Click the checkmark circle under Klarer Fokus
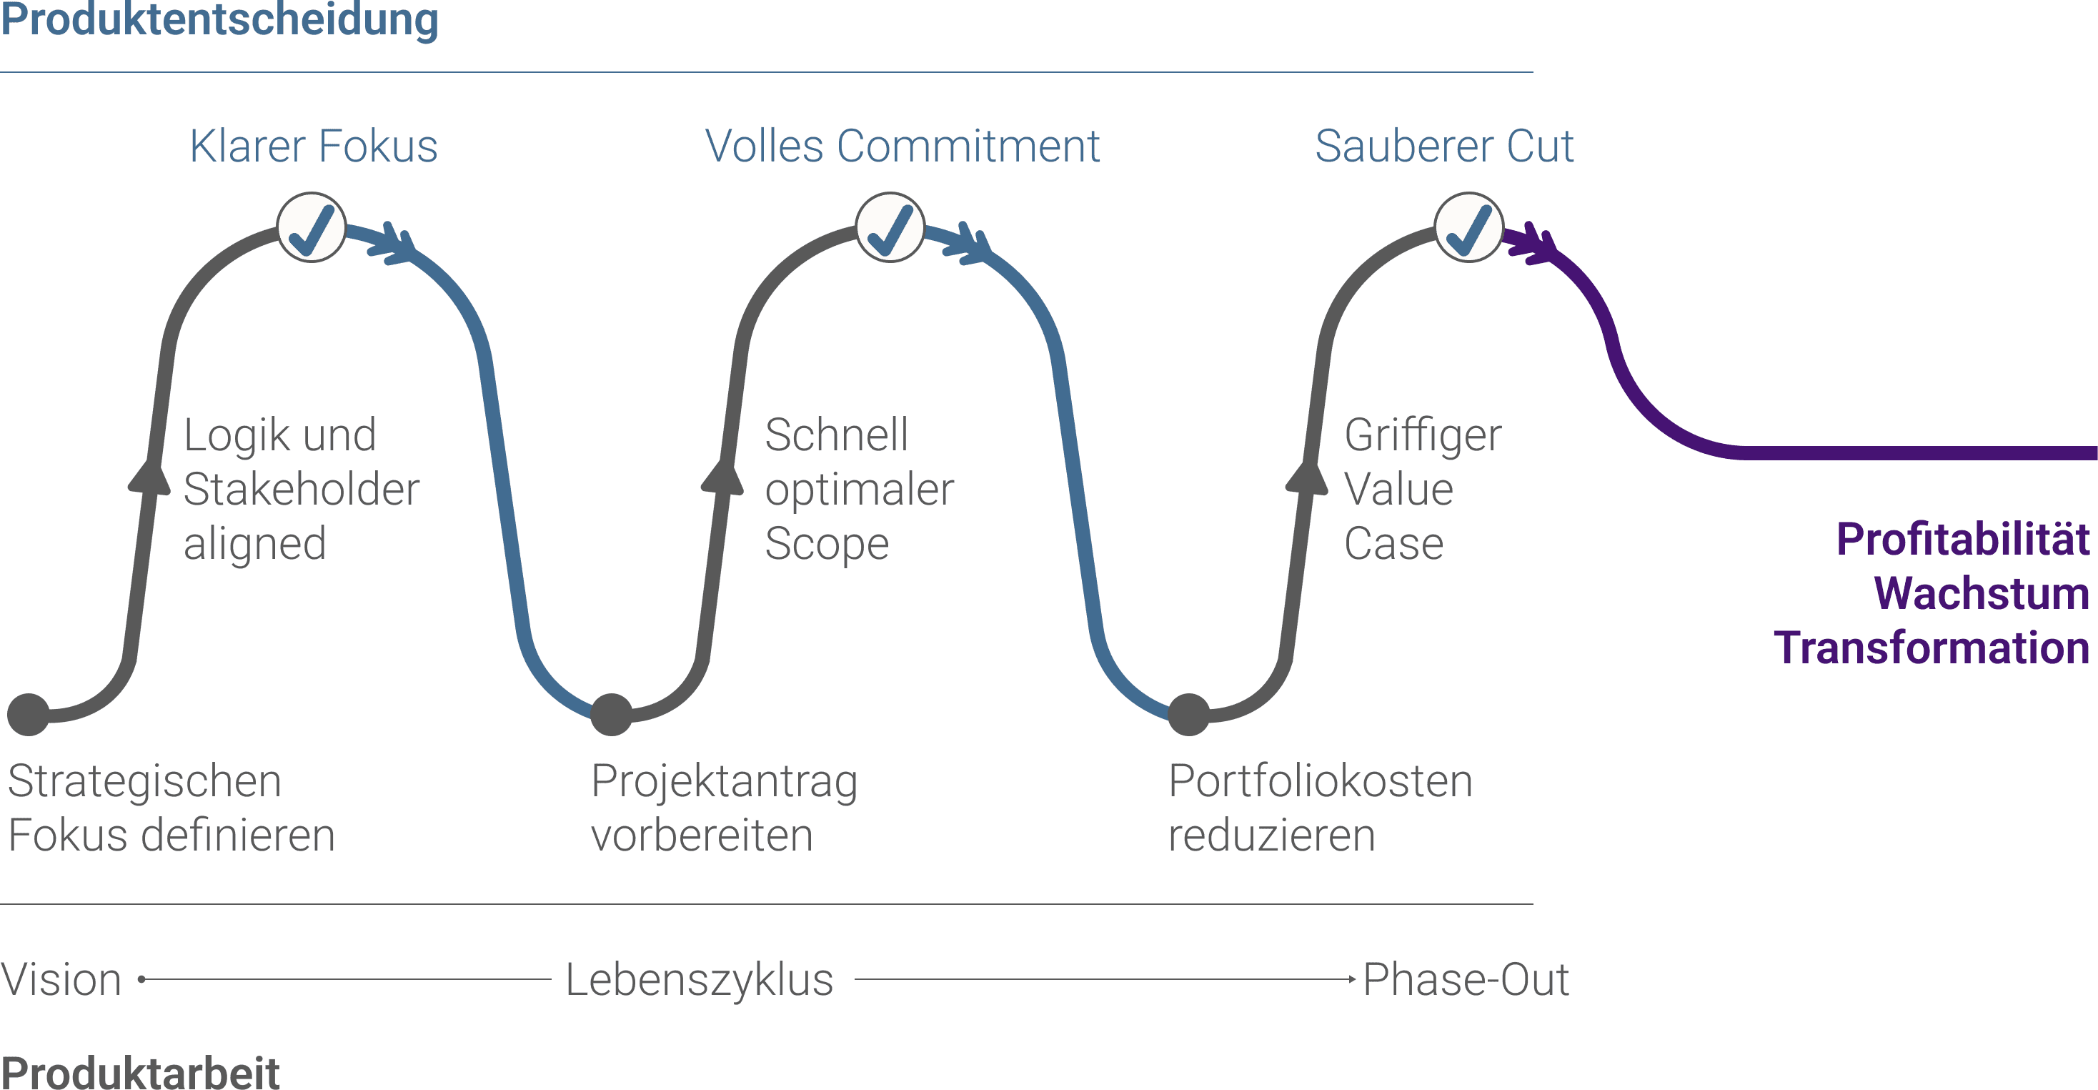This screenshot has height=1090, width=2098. pos(312,228)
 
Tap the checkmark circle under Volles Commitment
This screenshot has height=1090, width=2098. pos(890,228)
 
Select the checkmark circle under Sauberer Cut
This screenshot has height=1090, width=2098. pos(1468,228)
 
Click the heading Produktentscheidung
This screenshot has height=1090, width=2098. pos(220,19)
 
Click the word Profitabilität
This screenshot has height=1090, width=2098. pos(1963,540)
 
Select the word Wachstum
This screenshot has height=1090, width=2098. pos(1982,594)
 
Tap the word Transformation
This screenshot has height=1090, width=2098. pos(1932,648)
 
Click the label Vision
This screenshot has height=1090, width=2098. pos(62,980)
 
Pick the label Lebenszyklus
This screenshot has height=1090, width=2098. pos(700,980)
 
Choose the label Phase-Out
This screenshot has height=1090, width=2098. pos(1465,980)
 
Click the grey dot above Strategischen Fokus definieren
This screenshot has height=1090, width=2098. pos(29,715)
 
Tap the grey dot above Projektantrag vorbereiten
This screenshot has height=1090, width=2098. pos(612,715)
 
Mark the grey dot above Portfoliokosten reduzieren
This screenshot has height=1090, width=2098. pos(1189,715)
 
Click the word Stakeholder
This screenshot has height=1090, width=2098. pos(302,490)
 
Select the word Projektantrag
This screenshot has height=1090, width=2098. pos(724,782)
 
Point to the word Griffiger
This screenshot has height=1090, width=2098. pos(1423,436)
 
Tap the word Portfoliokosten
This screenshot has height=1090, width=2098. pos(1321,782)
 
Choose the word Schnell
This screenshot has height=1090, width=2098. pos(837,436)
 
